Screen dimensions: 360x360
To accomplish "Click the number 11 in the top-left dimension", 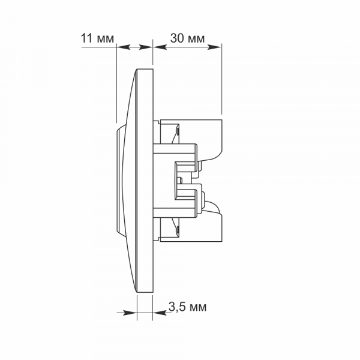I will [86, 38].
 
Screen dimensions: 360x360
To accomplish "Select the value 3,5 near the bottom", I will [178, 307].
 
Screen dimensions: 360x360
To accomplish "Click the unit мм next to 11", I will [104, 38].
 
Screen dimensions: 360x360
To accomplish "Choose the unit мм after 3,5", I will [198, 307].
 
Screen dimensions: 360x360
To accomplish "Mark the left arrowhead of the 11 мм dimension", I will [120, 47].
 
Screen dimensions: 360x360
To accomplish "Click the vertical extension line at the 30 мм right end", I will [223, 78].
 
